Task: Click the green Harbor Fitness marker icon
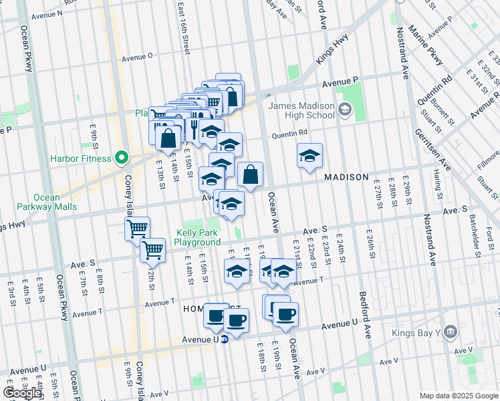pyautogui.click(x=122, y=158)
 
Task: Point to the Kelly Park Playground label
pyautogui.click(x=198, y=237)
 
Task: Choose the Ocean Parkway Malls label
pyautogui.click(x=47, y=202)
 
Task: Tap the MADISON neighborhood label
pyautogui.click(x=346, y=177)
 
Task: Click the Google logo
pyautogui.click(x=23, y=393)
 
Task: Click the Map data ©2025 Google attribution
pyautogui.click(x=459, y=396)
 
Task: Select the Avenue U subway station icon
pyautogui.click(x=225, y=339)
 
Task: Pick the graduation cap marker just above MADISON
pyautogui.click(x=309, y=156)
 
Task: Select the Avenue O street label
pyautogui.click(x=137, y=57)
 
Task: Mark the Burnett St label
pyautogui.click(x=442, y=112)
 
